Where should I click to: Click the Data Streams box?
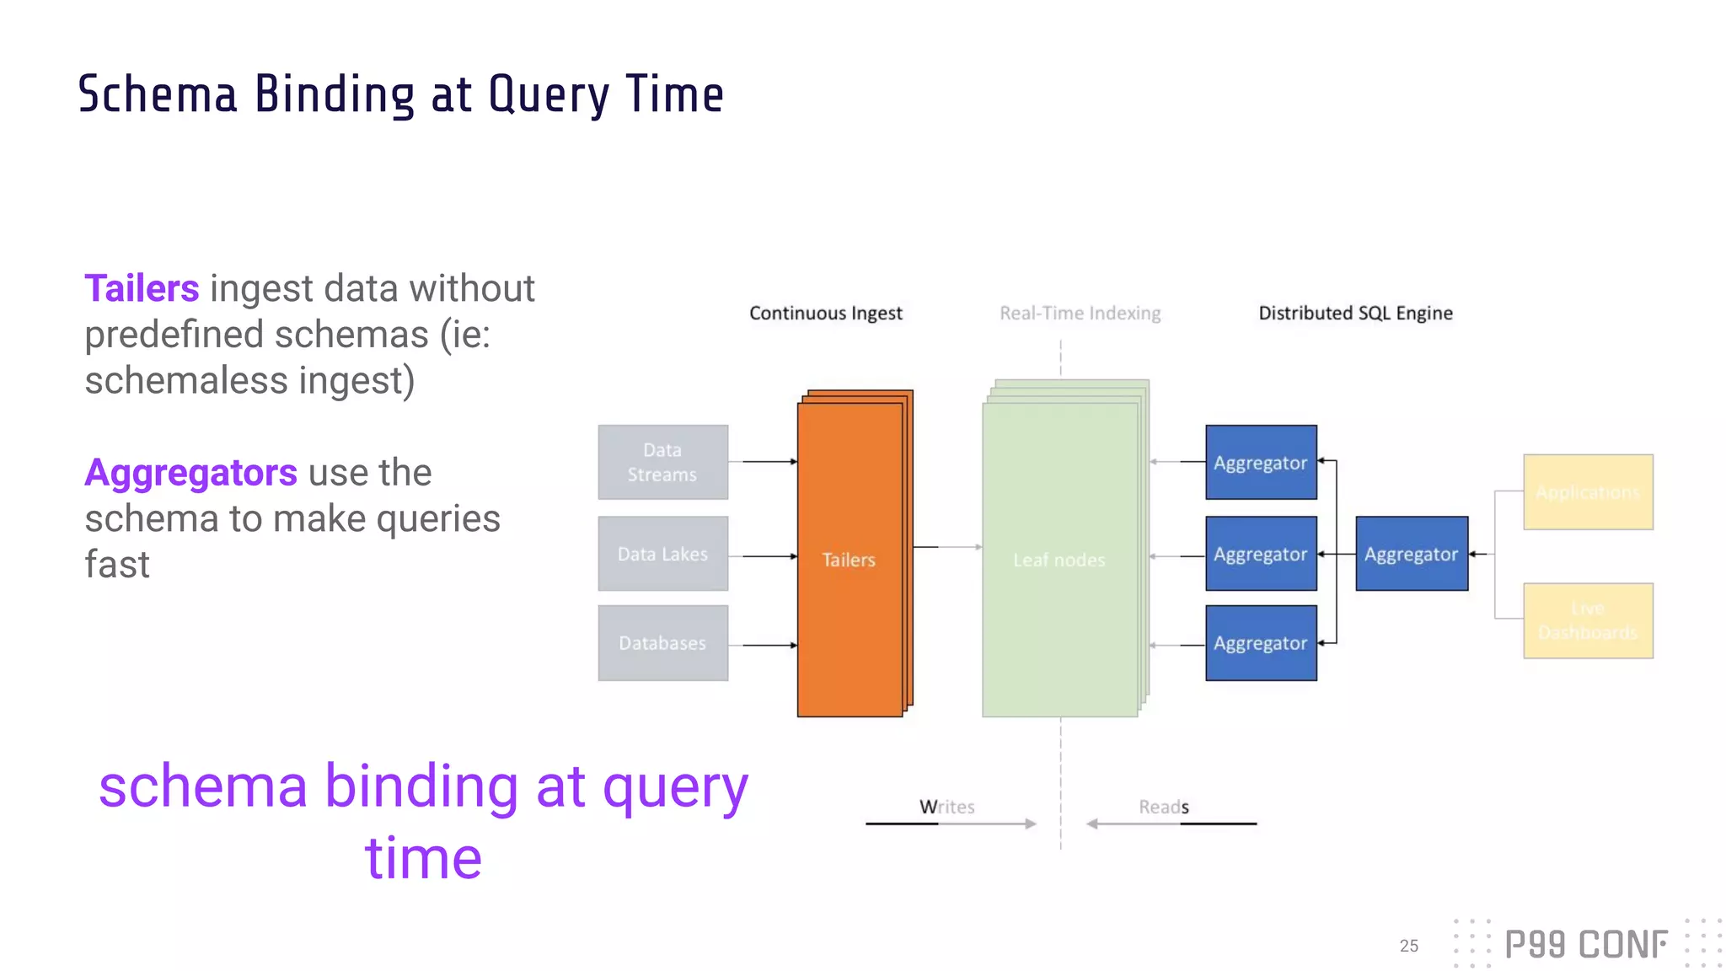pyautogui.click(x=662, y=462)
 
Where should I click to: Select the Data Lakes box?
pyautogui.click(x=662, y=554)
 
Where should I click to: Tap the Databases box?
pyautogui.click(x=662, y=643)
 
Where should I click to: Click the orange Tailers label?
pyautogui.click(x=849, y=560)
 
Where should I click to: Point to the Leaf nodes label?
pyautogui.click(x=1059, y=560)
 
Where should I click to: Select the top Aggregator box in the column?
pyautogui.click(x=1261, y=463)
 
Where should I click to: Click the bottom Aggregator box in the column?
pyautogui.click(x=1261, y=643)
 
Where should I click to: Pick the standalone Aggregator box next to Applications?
pyautogui.click(x=1412, y=554)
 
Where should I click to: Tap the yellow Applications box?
pyautogui.click(x=1588, y=492)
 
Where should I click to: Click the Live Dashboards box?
pyautogui.click(x=1588, y=620)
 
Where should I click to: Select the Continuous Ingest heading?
pyautogui.click(x=825, y=314)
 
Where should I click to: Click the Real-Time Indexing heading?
pyautogui.click(x=1080, y=314)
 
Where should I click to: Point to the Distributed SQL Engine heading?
pyautogui.click(x=1355, y=314)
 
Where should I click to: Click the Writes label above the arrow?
pyautogui.click(x=946, y=807)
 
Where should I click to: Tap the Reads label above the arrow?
pyautogui.click(x=1163, y=807)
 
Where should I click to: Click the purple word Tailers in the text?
pyautogui.click(x=142, y=288)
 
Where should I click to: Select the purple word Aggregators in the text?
pyautogui.click(x=190, y=473)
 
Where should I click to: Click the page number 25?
pyautogui.click(x=1408, y=946)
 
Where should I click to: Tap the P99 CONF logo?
pyautogui.click(x=1585, y=944)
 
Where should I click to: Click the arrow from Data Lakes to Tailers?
pyautogui.click(x=764, y=556)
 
